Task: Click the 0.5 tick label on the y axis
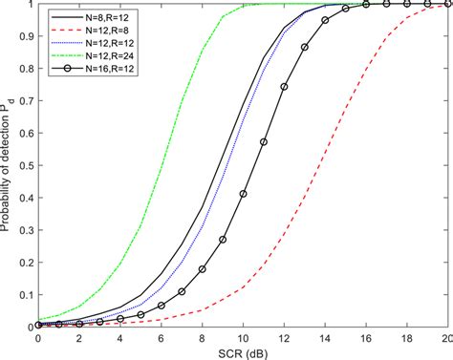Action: coord(26,164)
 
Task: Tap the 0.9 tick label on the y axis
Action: coord(26,35)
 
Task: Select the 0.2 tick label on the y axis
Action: coord(26,262)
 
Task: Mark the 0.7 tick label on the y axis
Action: coord(26,100)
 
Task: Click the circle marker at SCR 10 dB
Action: coord(244,194)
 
